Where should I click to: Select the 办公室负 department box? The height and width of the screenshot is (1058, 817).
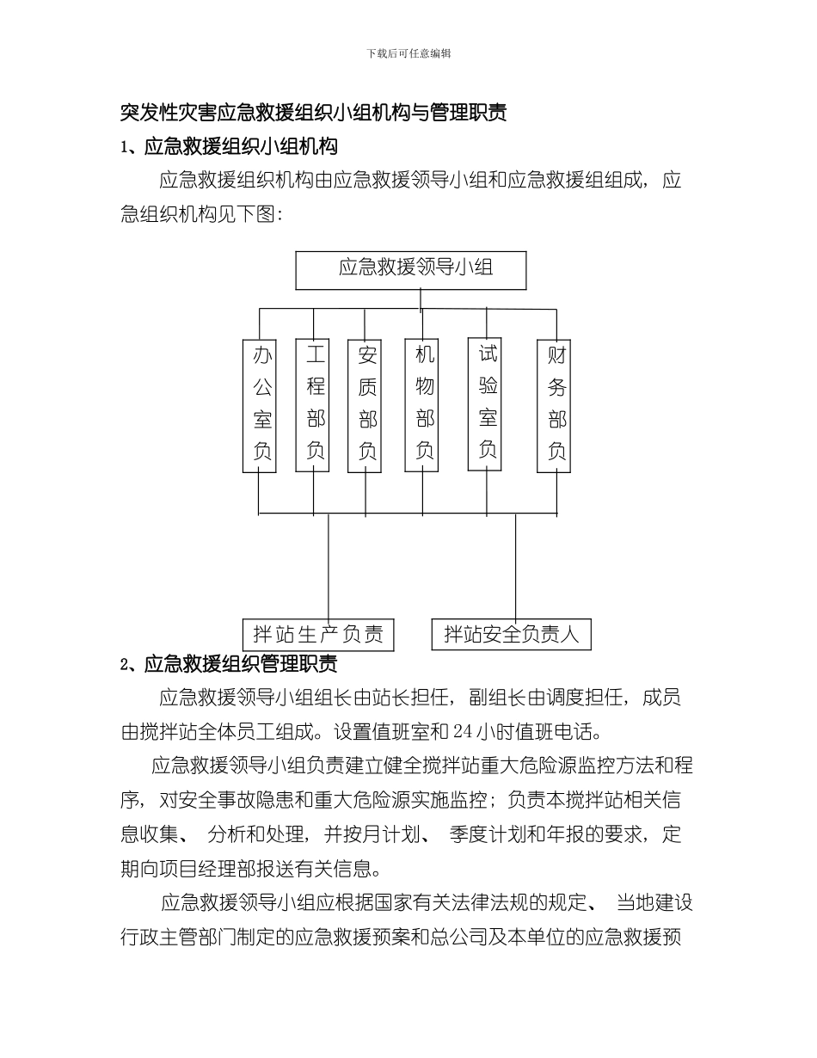[260, 405]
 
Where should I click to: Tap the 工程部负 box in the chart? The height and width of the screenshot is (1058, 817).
[313, 405]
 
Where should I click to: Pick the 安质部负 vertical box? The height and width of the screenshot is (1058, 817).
[365, 405]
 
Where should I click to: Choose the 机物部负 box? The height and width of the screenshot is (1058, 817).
[423, 405]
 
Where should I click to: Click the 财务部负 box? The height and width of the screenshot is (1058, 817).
[555, 405]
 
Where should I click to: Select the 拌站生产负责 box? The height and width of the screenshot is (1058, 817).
[319, 635]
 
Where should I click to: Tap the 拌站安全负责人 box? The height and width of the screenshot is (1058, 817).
[512, 635]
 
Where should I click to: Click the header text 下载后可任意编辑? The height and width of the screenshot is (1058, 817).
[408, 53]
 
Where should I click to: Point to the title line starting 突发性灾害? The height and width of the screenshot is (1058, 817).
[313, 113]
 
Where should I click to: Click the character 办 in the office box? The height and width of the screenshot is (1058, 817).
[261, 356]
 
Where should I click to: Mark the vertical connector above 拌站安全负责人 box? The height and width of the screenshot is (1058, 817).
[516, 568]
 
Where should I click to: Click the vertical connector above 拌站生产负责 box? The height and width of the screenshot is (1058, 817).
[329, 568]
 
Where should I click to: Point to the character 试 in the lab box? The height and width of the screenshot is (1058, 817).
[487, 354]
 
